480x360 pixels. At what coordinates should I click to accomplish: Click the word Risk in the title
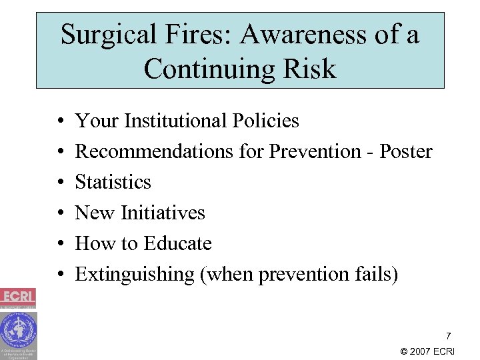pyautogui.click(x=309, y=68)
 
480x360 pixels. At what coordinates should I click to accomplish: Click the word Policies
pyautogui.click(x=266, y=121)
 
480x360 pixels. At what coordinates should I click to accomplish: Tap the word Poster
pyautogui.click(x=405, y=151)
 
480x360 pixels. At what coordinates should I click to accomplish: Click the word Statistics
pyautogui.click(x=113, y=182)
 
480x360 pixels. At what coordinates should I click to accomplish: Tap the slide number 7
pyautogui.click(x=448, y=336)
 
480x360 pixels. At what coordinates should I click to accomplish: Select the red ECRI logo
pyautogui.click(x=18, y=297)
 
